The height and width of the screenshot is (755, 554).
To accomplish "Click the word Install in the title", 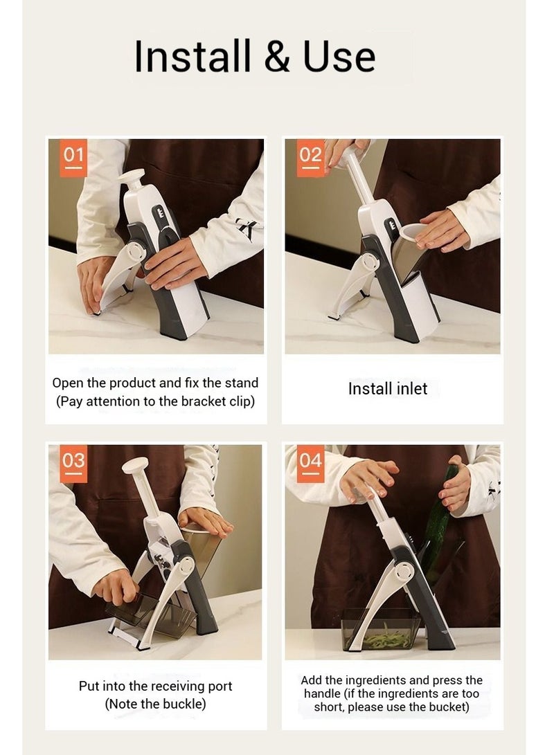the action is (x=193, y=56).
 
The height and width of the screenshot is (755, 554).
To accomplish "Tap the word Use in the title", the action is (x=339, y=56).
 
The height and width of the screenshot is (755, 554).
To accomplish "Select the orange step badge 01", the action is (x=73, y=158).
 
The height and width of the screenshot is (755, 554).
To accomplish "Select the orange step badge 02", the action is (x=310, y=158).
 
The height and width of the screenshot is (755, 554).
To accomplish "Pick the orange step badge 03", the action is (x=73, y=464).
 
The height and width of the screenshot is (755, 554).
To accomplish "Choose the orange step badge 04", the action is (x=310, y=464).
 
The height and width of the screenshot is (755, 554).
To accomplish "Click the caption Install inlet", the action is (x=388, y=389).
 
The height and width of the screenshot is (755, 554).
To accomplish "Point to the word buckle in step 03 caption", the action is (x=181, y=704).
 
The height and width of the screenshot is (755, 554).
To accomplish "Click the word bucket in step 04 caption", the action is (x=445, y=707).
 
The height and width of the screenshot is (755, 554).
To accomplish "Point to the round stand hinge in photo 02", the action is (x=370, y=262).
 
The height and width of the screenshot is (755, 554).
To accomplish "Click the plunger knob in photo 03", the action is (x=135, y=465).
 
